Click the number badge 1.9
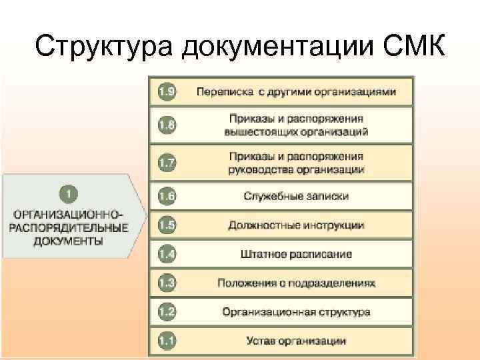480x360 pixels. point(167,91)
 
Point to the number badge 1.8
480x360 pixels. point(167,125)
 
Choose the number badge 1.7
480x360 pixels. point(167,162)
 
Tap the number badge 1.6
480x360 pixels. point(167,196)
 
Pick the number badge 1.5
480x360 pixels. point(167,225)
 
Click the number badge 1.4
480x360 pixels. point(167,254)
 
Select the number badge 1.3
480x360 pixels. point(167,283)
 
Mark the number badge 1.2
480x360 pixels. point(167,311)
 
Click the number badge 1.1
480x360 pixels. point(167,341)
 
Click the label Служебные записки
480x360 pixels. point(295,196)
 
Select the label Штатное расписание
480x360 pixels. point(295,254)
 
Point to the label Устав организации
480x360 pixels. point(295,341)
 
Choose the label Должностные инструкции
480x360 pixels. point(295,225)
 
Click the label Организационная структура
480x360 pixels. point(295,312)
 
